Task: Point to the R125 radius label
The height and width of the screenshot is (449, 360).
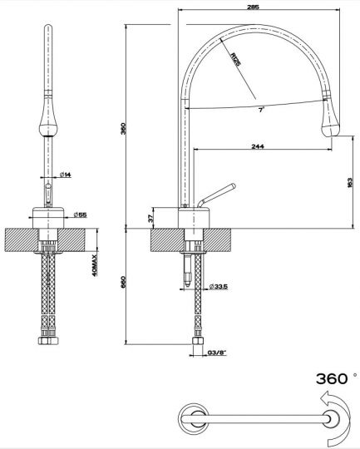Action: coord(236,62)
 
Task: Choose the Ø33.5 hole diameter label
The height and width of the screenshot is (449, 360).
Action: coord(219,287)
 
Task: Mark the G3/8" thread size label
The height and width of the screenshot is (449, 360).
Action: coord(217,354)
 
